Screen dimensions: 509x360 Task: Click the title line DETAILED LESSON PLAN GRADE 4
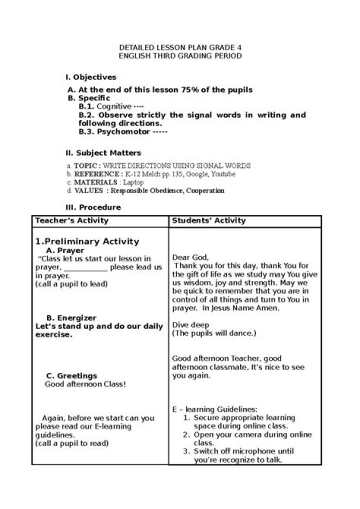point(179,48)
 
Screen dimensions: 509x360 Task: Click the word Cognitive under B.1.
point(114,106)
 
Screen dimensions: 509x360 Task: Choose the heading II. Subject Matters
point(103,153)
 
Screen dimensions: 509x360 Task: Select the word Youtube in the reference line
point(223,174)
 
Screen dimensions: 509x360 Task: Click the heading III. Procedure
point(93,207)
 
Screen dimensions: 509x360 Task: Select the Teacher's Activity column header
point(71,220)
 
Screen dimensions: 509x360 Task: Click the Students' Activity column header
point(208,220)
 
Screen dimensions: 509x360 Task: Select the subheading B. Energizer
point(71,318)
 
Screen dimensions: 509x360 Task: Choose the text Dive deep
point(190,325)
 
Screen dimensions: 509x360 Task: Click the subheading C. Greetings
point(71,375)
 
